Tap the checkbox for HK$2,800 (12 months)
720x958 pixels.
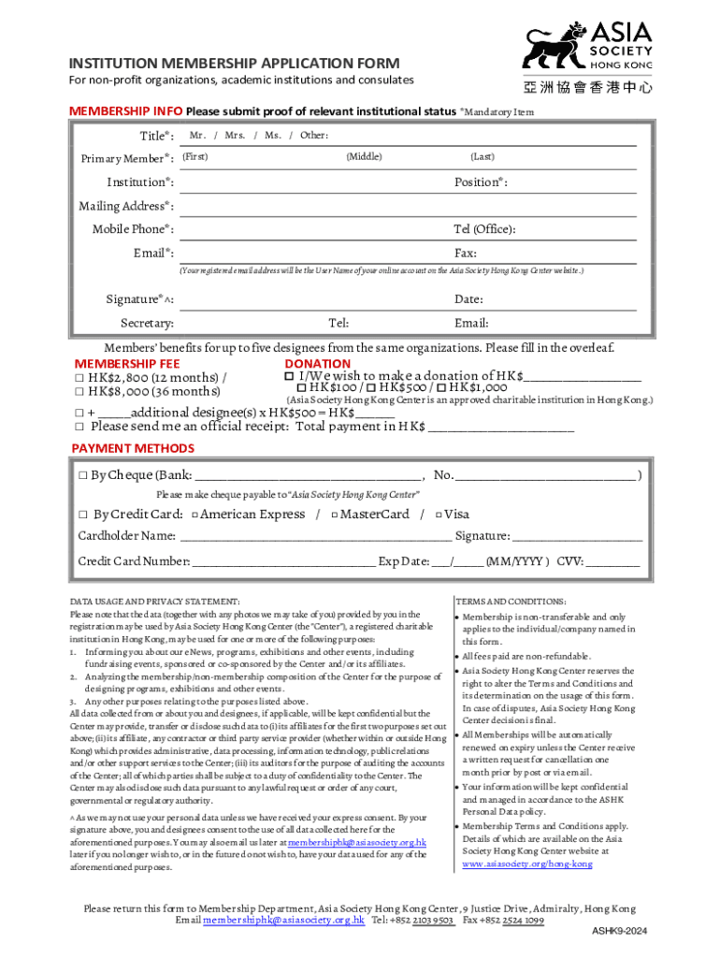[x=80, y=378]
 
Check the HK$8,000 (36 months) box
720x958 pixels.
[x=80, y=392]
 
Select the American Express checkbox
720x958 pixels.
[x=194, y=515]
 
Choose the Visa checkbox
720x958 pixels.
[x=438, y=515]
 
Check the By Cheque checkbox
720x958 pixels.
[x=83, y=475]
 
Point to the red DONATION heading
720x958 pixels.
[x=318, y=364]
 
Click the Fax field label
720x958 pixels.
[x=465, y=254]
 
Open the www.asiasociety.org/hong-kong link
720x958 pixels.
[x=527, y=864]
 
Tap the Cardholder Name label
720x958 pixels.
[x=126, y=536]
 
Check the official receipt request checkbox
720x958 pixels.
[x=80, y=427]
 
